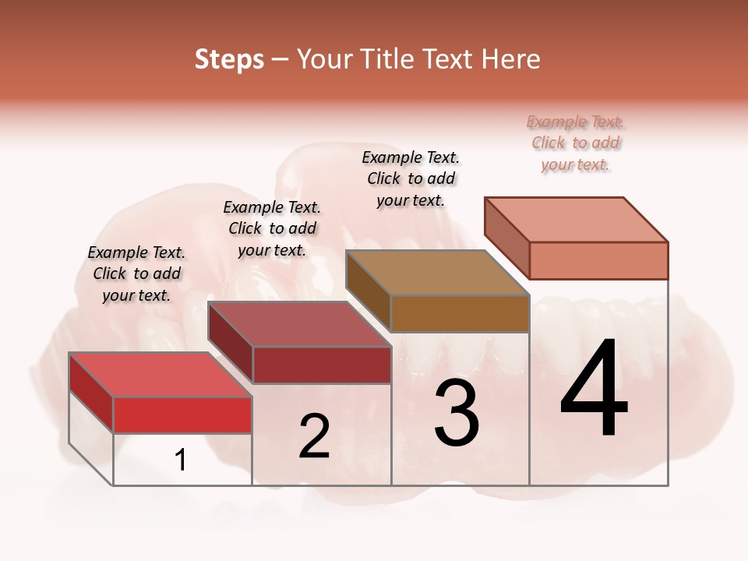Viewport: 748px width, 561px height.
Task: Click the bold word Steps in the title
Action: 228,59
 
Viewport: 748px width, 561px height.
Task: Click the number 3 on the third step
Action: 457,412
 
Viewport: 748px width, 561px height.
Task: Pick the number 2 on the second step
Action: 314,436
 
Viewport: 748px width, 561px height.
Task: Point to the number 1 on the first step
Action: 180,460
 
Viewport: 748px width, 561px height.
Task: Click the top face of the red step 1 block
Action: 160,374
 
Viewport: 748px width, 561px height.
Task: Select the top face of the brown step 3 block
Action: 437,273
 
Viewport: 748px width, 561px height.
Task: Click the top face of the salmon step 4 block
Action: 576,220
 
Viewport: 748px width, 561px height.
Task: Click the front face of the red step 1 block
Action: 182,415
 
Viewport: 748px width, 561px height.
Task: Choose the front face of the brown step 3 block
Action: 460,314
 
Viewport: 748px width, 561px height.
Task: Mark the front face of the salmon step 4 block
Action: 598,260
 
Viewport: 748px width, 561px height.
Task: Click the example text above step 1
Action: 136,273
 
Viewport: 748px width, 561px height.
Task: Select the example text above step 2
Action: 272,228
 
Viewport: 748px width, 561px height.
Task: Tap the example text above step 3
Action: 411,178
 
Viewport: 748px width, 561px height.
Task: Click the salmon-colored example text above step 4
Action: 576,143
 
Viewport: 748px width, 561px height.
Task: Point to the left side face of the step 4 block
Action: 506,238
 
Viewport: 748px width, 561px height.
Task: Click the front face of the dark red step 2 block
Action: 321,365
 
